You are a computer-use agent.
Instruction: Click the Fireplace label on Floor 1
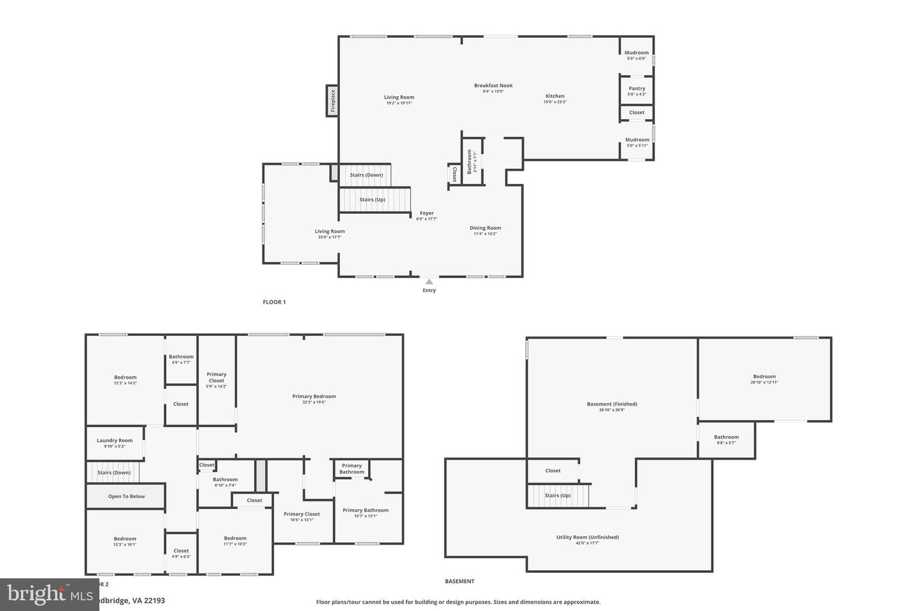(332, 101)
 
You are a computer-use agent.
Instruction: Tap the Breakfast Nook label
(493, 85)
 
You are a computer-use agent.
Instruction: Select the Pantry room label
(637, 88)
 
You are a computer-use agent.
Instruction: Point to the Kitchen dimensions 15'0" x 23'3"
(555, 102)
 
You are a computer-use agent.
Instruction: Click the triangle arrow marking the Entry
(429, 282)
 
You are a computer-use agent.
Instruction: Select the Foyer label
(427, 213)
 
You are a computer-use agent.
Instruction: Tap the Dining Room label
(485, 228)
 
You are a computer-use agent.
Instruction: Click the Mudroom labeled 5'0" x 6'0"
(637, 53)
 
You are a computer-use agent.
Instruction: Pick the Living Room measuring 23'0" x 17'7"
(330, 232)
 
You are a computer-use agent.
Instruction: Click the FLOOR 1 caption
(274, 302)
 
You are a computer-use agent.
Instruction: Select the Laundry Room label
(115, 440)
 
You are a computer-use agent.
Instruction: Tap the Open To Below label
(126, 496)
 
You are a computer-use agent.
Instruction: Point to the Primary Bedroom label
(314, 397)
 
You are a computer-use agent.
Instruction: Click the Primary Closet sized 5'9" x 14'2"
(217, 377)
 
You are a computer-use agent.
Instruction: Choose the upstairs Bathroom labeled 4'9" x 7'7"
(181, 357)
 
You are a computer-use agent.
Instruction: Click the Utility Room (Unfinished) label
(587, 537)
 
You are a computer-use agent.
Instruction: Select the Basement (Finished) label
(611, 404)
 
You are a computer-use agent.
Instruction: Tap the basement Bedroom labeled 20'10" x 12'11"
(764, 377)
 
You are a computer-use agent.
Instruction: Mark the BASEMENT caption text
(459, 581)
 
